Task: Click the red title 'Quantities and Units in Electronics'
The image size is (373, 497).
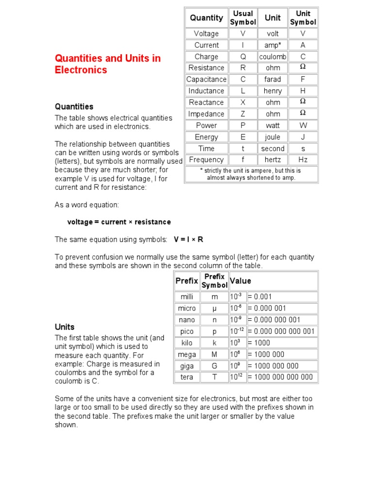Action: pos(107,64)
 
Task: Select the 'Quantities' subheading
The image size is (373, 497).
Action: pos(74,106)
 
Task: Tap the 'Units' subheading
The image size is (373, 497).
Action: pos(65,327)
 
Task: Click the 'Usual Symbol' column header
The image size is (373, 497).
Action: pos(243,18)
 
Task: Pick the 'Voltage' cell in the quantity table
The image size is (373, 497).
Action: pos(206,33)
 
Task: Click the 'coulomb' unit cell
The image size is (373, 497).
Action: pos(272,56)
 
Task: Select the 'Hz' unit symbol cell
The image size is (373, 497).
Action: pos(303,160)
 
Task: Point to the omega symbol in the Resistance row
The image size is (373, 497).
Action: pos(303,67)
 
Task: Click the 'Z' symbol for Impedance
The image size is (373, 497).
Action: pos(243,114)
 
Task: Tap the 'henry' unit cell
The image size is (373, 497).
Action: pos(272,91)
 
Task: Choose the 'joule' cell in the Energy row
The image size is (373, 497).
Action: pos(272,137)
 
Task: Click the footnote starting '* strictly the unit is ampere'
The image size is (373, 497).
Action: pos(251,174)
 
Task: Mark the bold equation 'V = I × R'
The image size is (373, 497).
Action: pos(188,239)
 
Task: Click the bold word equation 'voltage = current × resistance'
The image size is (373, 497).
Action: pos(119,222)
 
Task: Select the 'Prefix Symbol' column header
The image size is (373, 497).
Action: pos(214,281)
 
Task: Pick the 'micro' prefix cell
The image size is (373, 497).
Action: pos(187,308)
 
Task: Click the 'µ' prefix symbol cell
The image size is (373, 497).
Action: pos(214,308)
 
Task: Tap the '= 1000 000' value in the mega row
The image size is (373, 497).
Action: pos(266,354)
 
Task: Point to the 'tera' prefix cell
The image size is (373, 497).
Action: pos(187,377)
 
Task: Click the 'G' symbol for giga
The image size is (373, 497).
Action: pos(214,366)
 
